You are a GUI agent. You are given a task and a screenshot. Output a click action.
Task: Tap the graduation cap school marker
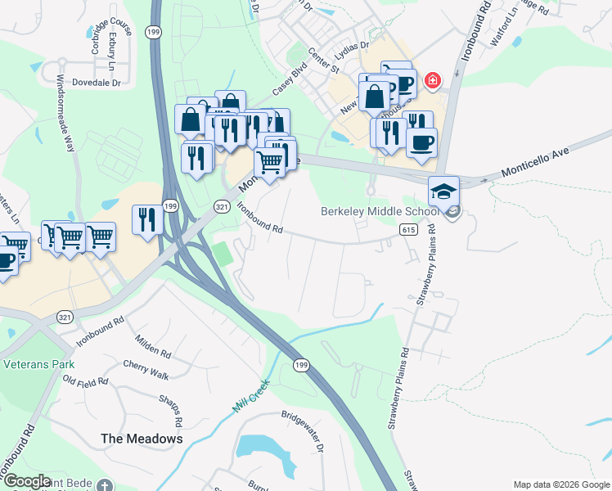pos(444,191)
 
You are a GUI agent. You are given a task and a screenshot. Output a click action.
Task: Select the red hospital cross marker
pos(431,81)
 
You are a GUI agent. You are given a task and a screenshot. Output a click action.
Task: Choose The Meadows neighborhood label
pos(142,439)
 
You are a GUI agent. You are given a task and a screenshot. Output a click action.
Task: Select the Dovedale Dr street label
pos(96,83)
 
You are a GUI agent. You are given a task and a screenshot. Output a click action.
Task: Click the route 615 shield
pos(410,231)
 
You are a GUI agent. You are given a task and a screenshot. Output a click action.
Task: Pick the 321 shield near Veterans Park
pos(66,316)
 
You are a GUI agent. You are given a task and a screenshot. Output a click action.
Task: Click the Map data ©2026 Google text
pos(560,484)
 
